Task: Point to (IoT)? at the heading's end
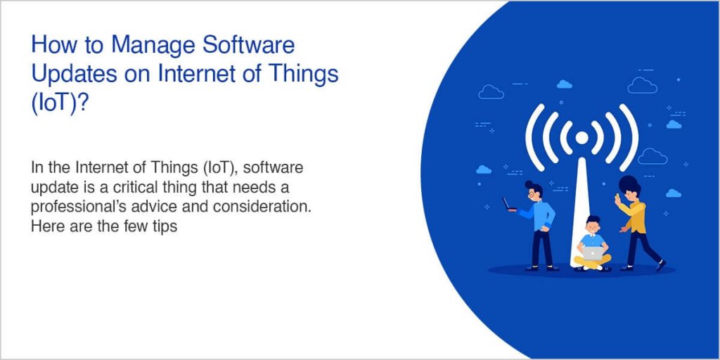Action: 60,100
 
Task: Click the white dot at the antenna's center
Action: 581,138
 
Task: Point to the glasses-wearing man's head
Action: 533,191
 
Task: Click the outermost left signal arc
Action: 533,138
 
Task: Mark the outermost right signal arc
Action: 631,138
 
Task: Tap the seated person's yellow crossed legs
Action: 593,262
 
